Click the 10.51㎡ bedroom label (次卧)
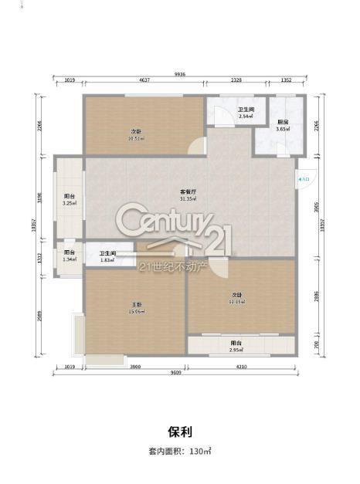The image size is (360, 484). tap(137, 137)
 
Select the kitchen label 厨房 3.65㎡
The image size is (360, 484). tap(283, 125)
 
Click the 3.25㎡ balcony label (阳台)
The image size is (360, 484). tap(69, 200)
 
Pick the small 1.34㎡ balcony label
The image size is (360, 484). tap(69, 256)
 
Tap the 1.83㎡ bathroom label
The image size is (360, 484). tap(107, 256)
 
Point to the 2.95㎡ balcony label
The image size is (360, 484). tap(236, 347)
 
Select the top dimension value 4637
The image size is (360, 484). tap(144, 80)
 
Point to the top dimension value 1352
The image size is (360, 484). tap(286, 80)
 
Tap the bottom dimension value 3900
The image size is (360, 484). tap(134, 367)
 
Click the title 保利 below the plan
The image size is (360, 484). tap(179, 431)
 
